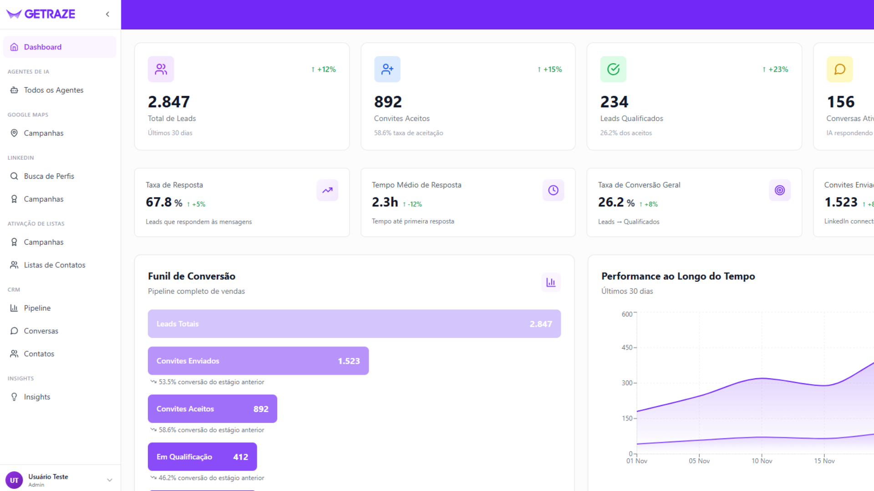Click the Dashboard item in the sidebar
42,47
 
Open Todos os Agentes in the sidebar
53,90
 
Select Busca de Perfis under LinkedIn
49,176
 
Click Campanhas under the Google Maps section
43,133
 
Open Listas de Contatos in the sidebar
54,265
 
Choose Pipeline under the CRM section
37,308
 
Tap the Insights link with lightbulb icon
37,397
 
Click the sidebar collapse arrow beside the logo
107,14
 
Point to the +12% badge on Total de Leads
324,70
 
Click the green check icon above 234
613,69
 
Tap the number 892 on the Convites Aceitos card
388,102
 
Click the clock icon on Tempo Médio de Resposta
553,190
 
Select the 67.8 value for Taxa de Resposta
158,202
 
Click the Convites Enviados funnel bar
258,361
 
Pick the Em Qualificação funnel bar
202,457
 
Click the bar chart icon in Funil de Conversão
551,282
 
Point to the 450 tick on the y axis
627,348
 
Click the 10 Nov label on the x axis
762,461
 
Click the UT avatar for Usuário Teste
14,480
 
